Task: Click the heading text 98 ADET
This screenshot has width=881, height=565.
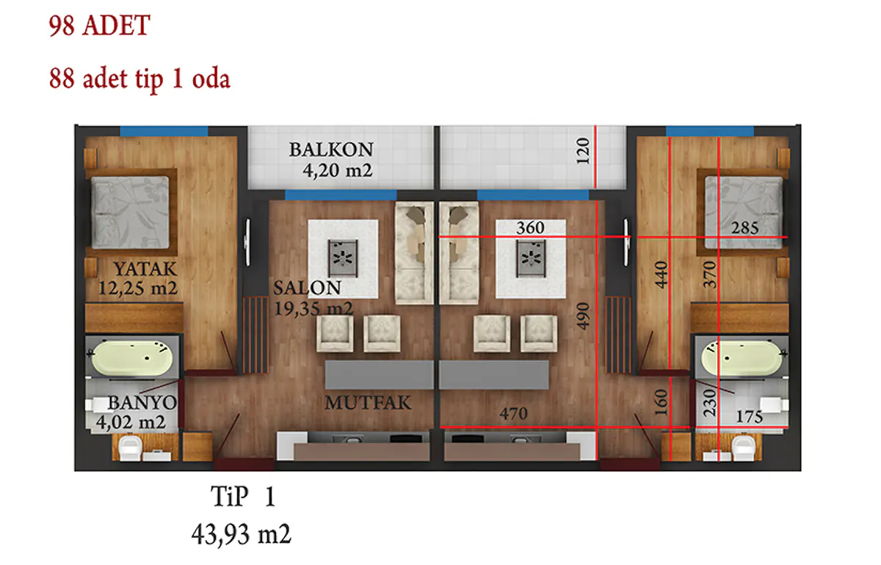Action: pos(100,26)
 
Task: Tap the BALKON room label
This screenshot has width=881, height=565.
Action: pos(331,150)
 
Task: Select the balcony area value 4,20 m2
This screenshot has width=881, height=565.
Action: pos(337,171)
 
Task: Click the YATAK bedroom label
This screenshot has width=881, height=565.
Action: pos(145,269)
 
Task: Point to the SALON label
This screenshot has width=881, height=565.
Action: pos(307,288)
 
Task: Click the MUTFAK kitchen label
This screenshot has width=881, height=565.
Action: pos(368,403)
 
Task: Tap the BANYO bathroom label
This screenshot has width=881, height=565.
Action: pos(142,403)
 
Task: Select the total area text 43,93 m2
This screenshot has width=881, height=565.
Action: pos(241,534)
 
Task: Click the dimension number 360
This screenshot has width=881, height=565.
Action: pos(530,227)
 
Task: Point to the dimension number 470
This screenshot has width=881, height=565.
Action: pos(514,414)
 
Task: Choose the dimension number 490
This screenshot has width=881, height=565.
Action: pos(583,316)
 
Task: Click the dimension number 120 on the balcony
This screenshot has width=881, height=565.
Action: pos(583,151)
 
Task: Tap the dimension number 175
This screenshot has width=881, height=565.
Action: pos(750,417)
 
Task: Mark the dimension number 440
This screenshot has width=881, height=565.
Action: pos(661,275)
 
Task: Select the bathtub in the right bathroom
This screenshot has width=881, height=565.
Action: pos(742,357)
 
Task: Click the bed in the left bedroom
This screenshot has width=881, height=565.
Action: pos(130,212)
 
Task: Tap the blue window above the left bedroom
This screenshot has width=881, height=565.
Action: pos(164,131)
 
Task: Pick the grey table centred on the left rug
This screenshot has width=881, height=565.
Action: pos(343,258)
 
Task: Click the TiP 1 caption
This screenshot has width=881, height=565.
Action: pos(243,496)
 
